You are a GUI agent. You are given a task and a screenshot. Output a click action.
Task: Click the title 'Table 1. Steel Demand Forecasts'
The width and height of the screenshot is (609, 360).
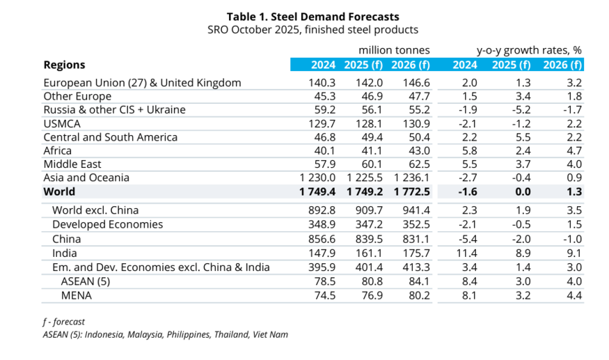(x=313, y=16)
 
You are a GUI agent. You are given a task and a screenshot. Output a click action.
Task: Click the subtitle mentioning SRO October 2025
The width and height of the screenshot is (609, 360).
(x=313, y=30)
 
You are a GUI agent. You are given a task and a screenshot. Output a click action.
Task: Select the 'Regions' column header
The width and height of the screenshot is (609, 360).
(x=64, y=65)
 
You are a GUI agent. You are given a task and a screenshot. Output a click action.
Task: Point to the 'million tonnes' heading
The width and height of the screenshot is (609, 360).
(x=394, y=50)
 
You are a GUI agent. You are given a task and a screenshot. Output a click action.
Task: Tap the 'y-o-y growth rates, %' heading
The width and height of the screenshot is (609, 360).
(x=529, y=50)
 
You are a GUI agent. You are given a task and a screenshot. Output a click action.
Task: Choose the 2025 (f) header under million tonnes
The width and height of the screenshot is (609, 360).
(x=362, y=65)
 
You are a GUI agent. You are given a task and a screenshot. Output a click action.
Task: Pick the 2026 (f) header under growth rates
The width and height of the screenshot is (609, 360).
(x=562, y=65)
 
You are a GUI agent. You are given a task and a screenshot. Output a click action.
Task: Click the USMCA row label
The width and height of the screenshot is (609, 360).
(x=62, y=123)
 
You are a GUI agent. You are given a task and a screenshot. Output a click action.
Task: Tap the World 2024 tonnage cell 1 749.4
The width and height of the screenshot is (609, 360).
(x=315, y=191)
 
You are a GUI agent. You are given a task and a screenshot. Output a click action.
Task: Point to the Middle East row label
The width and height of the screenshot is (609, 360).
(x=72, y=164)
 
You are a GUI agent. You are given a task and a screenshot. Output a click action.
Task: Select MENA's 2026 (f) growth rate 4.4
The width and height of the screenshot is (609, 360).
(x=573, y=295)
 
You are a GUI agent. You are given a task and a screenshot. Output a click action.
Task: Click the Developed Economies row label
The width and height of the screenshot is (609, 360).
(x=108, y=225)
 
